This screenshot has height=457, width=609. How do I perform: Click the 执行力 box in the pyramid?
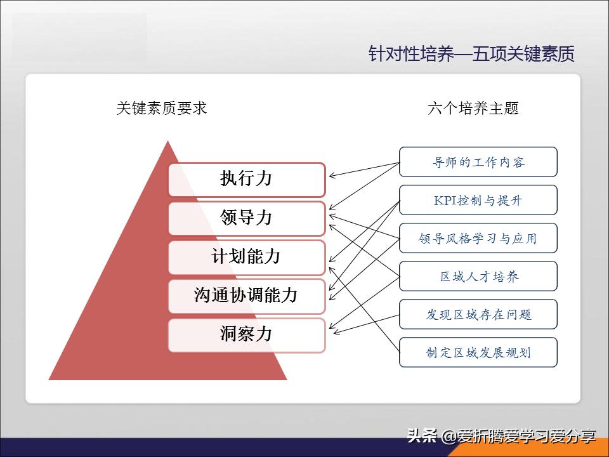coord(246,179)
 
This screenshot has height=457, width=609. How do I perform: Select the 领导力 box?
coord(246,218)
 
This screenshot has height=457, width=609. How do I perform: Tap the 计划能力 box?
coord(246,257)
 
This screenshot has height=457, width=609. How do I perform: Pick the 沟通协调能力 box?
coord(246,296)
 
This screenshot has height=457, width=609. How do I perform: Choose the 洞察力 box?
coord(246,334)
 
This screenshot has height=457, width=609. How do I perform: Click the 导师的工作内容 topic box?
coord(478,162)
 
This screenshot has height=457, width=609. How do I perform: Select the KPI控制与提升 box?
coord(478,200)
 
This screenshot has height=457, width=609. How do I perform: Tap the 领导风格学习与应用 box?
coord(478,238)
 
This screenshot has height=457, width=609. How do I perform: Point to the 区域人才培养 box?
coord(478,276)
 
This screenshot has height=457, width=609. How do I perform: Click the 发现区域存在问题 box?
coord(478,314)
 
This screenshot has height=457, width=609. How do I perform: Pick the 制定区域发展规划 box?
coord(478,352)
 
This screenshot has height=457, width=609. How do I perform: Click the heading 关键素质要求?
coord(162,108)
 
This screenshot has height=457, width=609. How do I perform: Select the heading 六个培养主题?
coord(473,108)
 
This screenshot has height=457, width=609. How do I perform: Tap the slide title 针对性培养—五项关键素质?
coord(471,54)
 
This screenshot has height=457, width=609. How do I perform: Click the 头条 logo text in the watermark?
coord(422,436)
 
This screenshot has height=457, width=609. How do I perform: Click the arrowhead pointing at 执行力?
coord(331,176)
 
